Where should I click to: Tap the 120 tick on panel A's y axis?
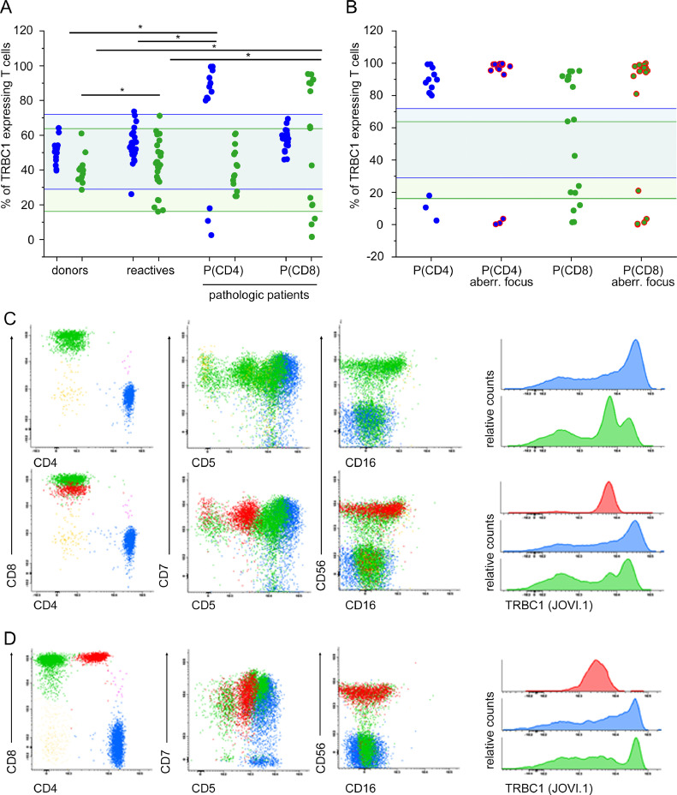coord(39,32)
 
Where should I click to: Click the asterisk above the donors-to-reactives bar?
coord(122,89)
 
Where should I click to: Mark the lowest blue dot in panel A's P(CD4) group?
coord(211,235)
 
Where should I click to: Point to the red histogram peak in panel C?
coord(609,486)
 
